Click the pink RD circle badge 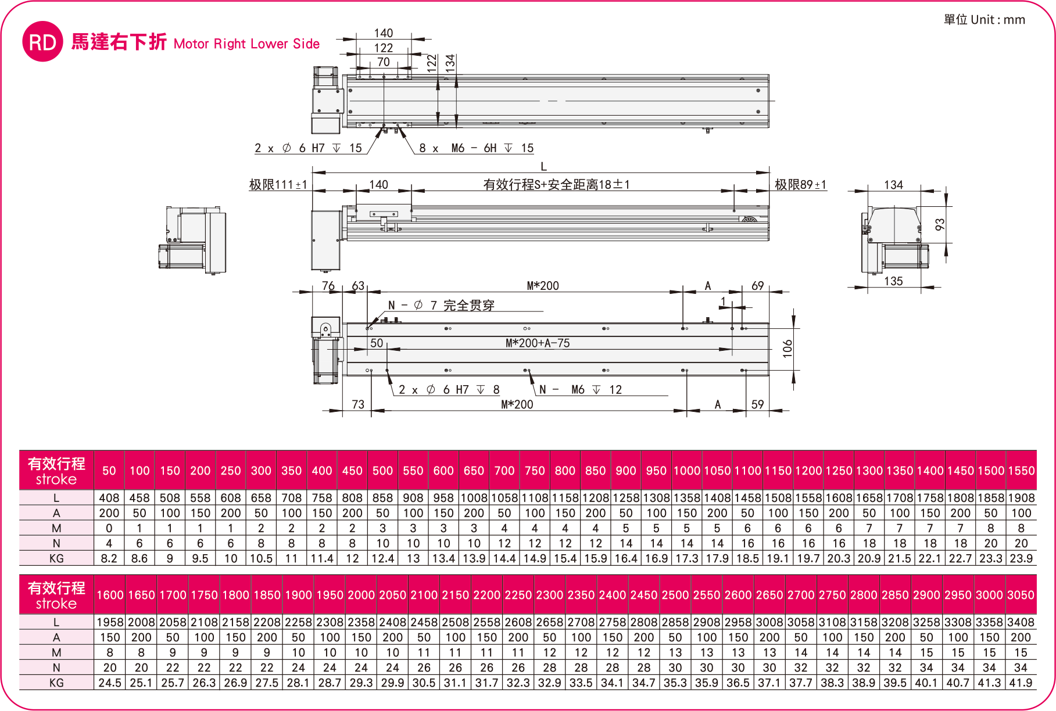tap(42, 42)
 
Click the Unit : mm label tap(985, 20)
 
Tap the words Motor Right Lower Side tap(246, 44)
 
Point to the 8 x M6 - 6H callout tap(476, 148)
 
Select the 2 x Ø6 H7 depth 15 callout tap(308, 148)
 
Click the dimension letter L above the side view tap(543, 166)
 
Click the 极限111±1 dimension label tap(278, 185)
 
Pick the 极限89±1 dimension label tap(800, 185)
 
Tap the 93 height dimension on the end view tap(940, 224)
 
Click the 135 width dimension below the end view tap(893, 281)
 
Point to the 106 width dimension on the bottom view tap(787, 348)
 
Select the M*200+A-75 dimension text tap(538, 343)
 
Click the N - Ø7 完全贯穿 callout tap(441, 306)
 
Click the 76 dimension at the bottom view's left tap(328, 286)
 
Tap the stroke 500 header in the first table tap(382, 471)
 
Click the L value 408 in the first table tap(109, 498)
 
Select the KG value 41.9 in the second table tap(1021, 683)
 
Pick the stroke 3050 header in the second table tap(1021, 595)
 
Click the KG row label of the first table tap(56, 558)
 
